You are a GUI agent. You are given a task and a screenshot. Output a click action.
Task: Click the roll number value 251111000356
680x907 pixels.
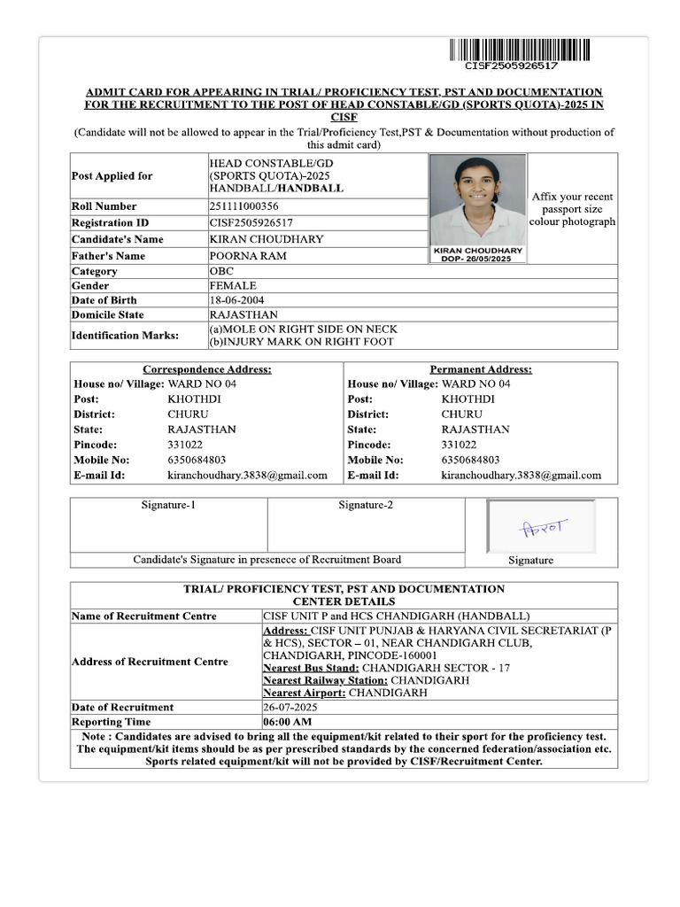pyautogui.click(x=243, y=206)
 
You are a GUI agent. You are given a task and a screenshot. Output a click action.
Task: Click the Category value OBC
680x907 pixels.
pyautogui.click(x=221, y=271)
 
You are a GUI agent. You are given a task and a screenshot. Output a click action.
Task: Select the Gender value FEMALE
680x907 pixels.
pyautogui.click(x=233, y=286)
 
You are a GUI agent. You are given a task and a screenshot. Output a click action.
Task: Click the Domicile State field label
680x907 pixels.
pyautogui.click(x=107, y=315)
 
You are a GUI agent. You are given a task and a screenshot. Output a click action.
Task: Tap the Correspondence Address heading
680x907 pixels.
pyautogui.click(x=207, y=369)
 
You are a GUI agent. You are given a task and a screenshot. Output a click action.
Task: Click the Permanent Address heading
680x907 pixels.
pyautogui.click(x=481, y=369)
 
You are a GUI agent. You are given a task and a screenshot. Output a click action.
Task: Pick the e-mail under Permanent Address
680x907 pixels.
pyautogui.click(x=521, y=476)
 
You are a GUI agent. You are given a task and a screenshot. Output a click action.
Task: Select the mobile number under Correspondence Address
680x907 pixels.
pyautogui.click(x=197, y=461)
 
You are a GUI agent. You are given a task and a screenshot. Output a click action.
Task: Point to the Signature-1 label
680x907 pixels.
pyautogui.click(x=168, y=506)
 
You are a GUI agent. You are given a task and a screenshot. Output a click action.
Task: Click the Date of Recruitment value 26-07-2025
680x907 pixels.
pyautogui.click(x=290, y=708)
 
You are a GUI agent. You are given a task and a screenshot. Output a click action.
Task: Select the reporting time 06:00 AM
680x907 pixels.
pyautogui.click(x=287, y=722)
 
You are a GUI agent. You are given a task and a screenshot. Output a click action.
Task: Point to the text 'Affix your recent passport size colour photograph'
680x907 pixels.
pyautogui.click(x=572, y=209)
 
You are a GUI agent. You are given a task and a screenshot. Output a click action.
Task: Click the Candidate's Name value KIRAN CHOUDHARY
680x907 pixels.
pyautogui.click(x=267, y=239)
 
